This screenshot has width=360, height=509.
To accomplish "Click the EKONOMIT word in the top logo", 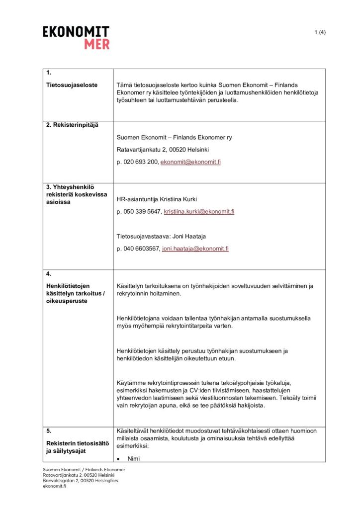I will point(76,32).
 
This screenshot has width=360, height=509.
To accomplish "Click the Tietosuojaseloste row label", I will point(72,85).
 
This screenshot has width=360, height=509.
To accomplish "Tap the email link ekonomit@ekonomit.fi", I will point(190,163).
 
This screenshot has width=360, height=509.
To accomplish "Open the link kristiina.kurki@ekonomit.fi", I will point(199,211).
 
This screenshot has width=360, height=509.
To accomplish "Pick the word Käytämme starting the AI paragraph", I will point(131,382).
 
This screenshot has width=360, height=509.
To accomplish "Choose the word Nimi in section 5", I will point(133,459).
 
